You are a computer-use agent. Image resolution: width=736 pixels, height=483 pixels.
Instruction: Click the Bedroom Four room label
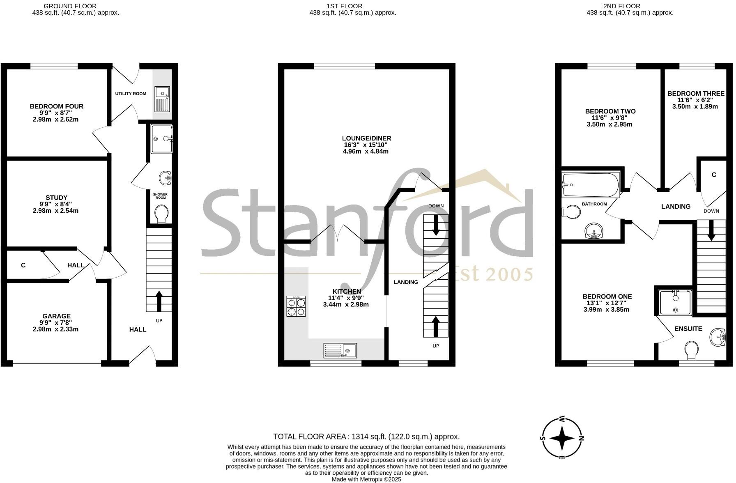point(56,106)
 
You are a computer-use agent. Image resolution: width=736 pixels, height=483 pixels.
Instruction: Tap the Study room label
point(56,198)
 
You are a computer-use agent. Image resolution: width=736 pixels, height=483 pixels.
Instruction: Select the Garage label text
point(56,316)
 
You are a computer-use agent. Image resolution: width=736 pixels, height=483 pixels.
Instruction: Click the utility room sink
point(162,99)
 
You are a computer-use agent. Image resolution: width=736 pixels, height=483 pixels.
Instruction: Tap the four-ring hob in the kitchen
point(296,306)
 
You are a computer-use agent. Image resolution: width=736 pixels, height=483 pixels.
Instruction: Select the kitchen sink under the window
point(340,351)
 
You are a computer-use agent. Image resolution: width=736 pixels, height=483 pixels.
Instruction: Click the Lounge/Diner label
point(366,138)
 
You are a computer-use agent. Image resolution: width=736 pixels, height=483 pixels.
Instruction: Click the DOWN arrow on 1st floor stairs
point(436,225)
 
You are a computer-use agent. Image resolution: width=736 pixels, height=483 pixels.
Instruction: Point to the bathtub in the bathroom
point(591,185)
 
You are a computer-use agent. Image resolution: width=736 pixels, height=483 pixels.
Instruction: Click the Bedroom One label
point(607,297)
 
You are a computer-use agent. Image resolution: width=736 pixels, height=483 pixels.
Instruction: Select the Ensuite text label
point(688,329)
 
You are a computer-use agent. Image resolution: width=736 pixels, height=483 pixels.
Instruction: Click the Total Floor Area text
point(366,437)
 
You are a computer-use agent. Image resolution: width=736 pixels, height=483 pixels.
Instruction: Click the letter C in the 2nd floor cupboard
point(714,175)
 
